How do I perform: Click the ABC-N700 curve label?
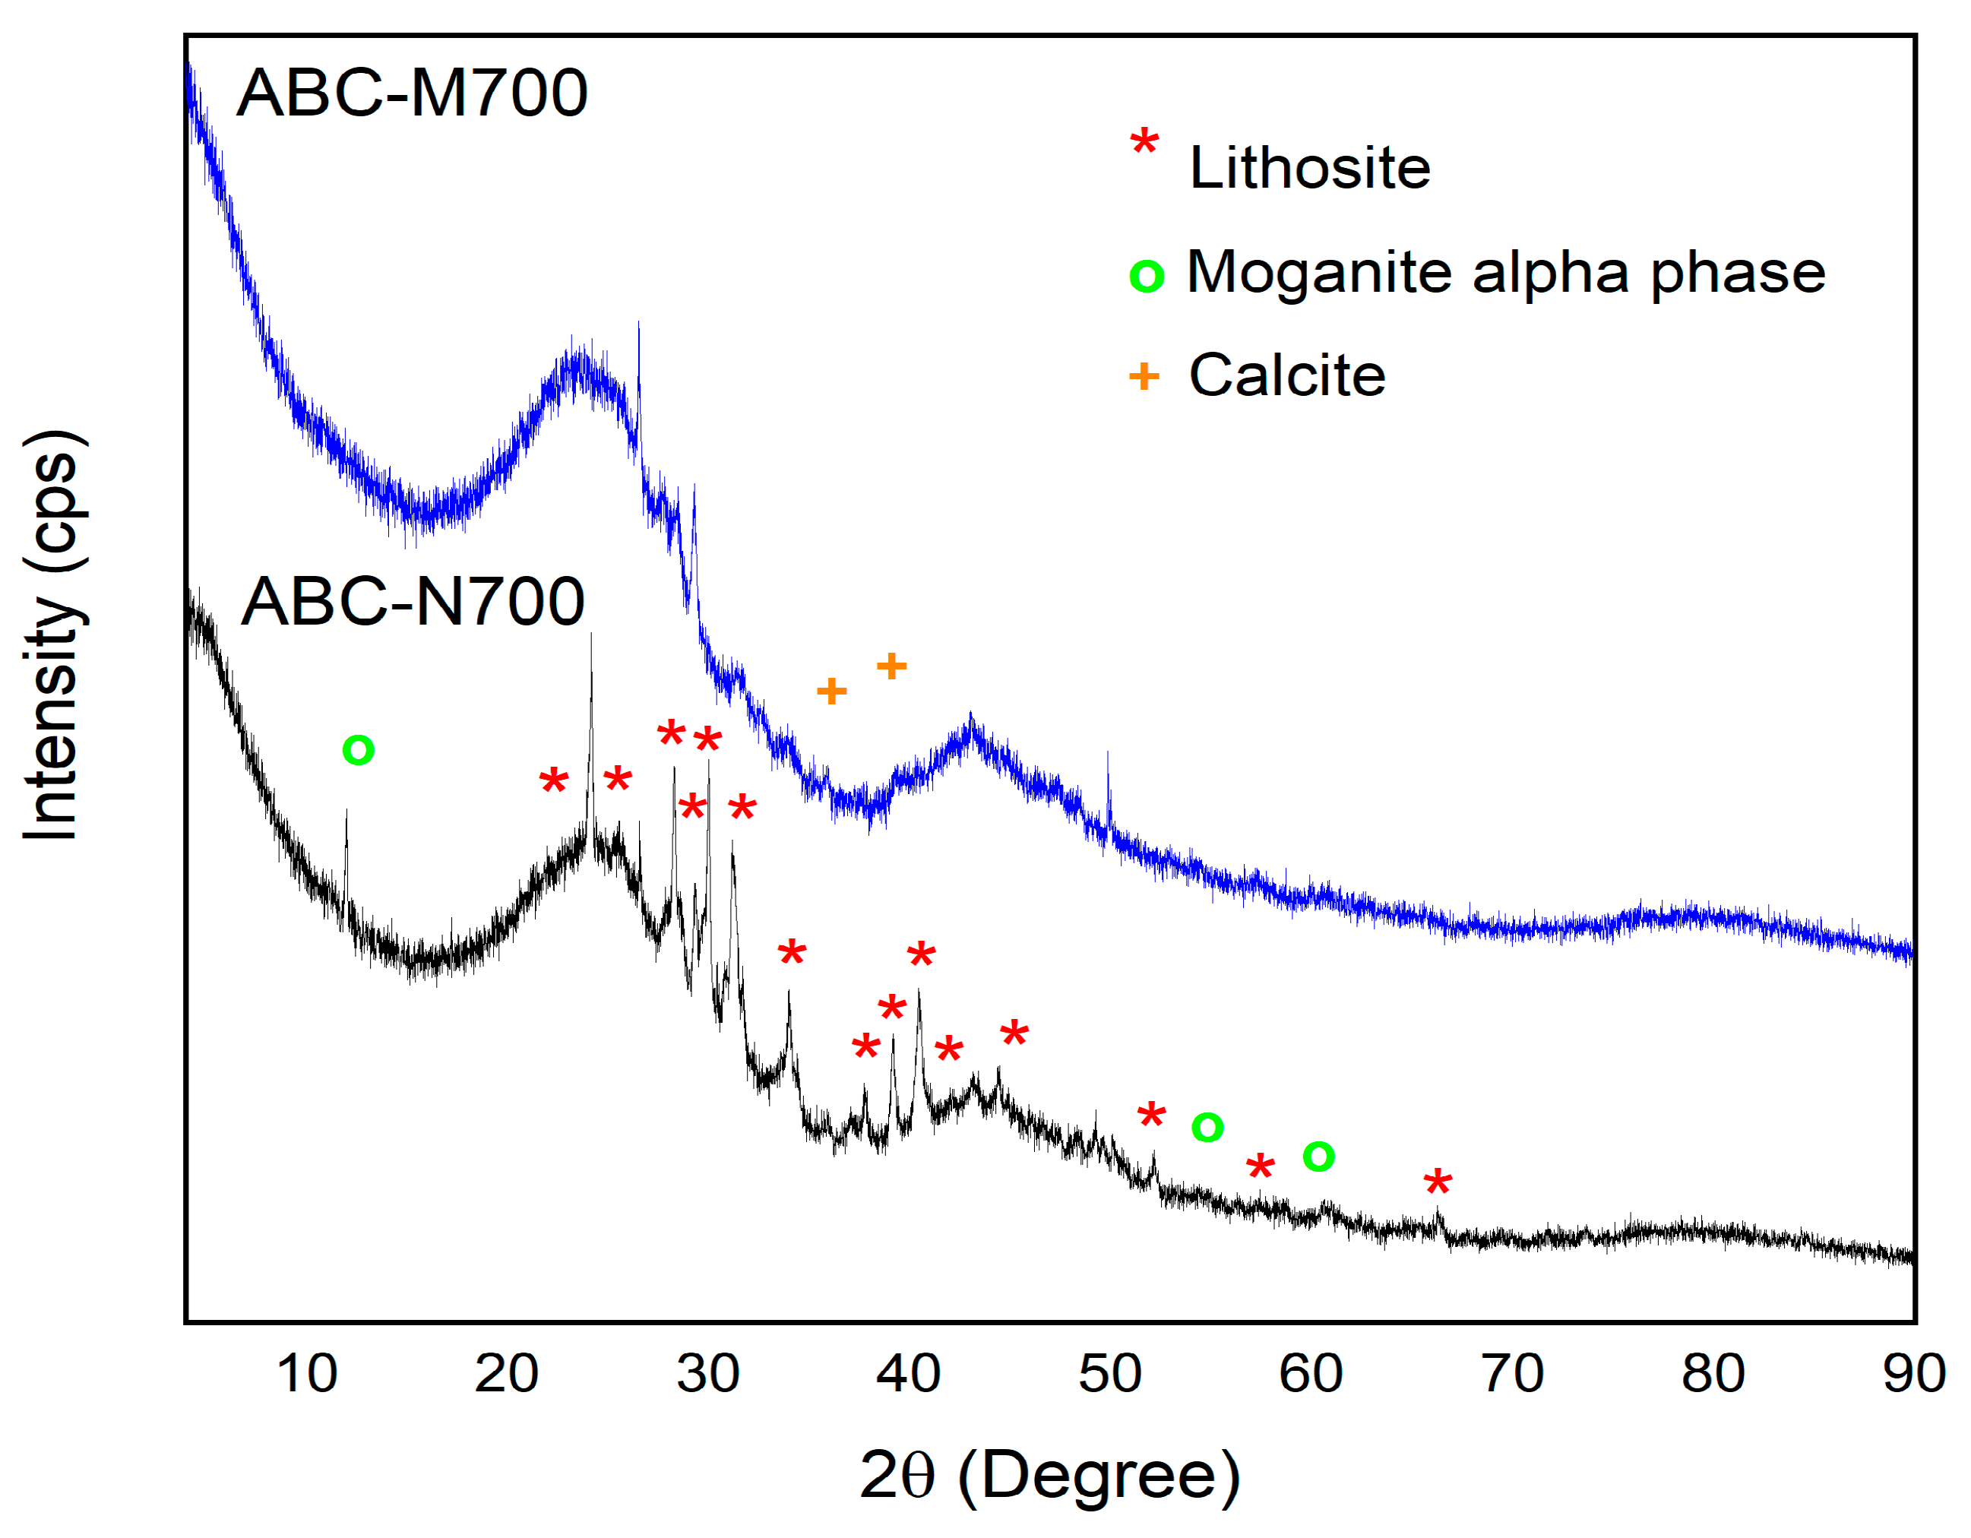[413, 602]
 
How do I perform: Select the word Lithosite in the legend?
[1309, 168]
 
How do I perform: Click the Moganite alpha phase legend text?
[1505, 272]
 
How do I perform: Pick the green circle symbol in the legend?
[1146, 275]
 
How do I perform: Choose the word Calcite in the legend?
[1287, 375]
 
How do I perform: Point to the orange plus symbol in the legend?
[1144, 376]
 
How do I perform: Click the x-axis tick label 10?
[307, 1374]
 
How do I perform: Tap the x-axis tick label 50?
[1109, 1374]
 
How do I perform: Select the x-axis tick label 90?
[1913, 1374]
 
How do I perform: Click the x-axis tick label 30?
[707, 1374]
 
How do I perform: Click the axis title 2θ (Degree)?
[1049, 1475]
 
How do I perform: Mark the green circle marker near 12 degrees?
[359, 750]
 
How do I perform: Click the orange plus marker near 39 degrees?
[891, 667]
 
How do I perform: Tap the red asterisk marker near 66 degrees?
[1438, 1182]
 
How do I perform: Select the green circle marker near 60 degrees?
[1318, 1157]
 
